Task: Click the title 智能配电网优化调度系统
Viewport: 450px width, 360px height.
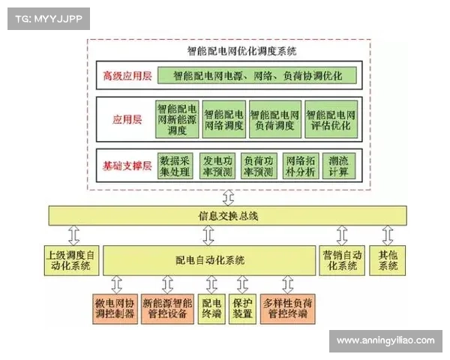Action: pyautogui.click(x=232, y=52)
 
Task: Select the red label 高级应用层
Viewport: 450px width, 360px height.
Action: pyautogui.click(x=128, y=76)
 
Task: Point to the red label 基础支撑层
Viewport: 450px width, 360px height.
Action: pyautogui.click(x=128, y=166)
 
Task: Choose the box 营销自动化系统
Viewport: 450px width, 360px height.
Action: pyautogui.click(x=338, y=259)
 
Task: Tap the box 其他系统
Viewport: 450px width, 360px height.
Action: pyautogui.click(x=388, y=259)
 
